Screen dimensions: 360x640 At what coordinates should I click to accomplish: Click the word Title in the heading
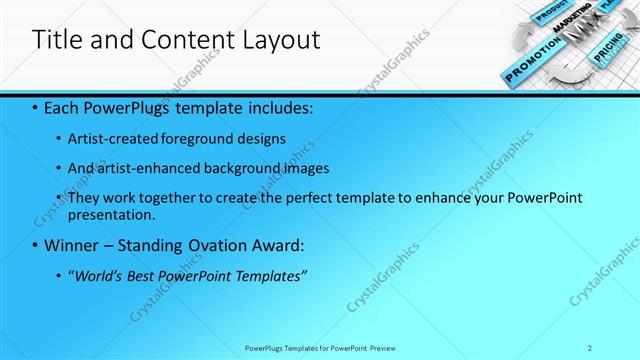click(x=57, y=40)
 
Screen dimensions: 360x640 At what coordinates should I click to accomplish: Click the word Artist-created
click(x=112, y=138)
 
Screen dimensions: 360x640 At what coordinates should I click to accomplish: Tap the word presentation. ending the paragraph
click(x=112, y=215)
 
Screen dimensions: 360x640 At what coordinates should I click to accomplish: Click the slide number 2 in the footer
click(x=590, y=347)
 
